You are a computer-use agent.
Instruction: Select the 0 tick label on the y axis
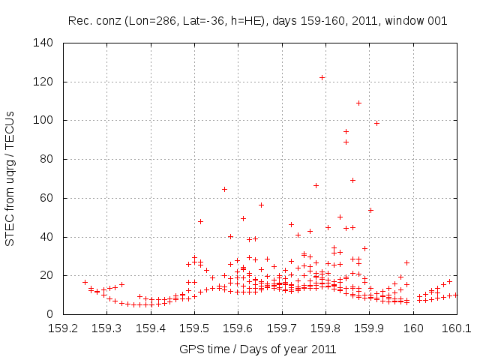pyautogui.click(x=52, y=314)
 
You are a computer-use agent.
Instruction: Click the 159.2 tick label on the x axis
pyautogui.click(x=63, y=328)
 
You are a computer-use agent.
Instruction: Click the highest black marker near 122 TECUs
pyautogui.click(x=322, y=77)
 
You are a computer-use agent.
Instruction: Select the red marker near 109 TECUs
pyautogui.click(x=358, y=103)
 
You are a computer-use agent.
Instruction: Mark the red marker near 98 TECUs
pyautogui.click(x=376, y=123)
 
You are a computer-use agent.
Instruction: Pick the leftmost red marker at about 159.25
pyautogui.click(x=85, y=282)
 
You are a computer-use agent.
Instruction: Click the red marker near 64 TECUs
pyautogui.click(x=224, y=189)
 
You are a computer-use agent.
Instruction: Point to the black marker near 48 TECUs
pyautogui.click(x=200, y=221)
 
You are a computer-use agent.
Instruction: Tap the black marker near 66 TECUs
pyautogui.click(x=316, y=185)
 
